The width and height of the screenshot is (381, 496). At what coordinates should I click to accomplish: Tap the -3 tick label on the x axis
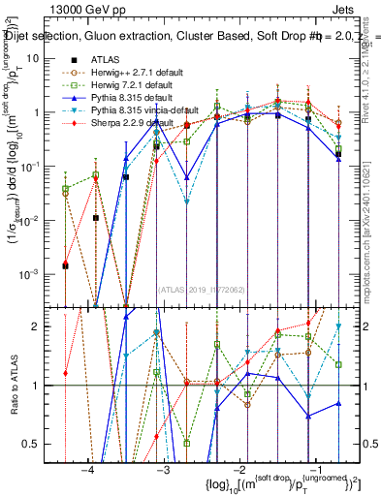(162, 471)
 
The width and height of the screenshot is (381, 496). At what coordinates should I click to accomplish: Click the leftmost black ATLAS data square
(65, 264)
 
